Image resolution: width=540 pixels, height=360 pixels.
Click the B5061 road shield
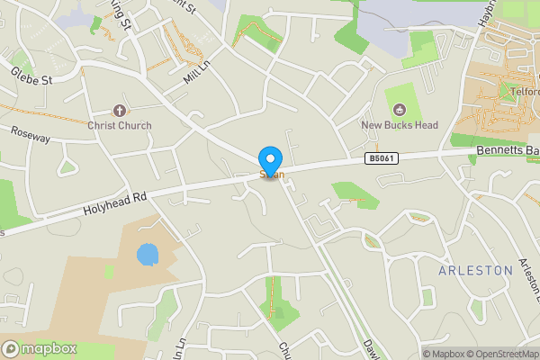tap(380, 158)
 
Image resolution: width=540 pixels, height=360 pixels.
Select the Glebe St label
tap(33, 74)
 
